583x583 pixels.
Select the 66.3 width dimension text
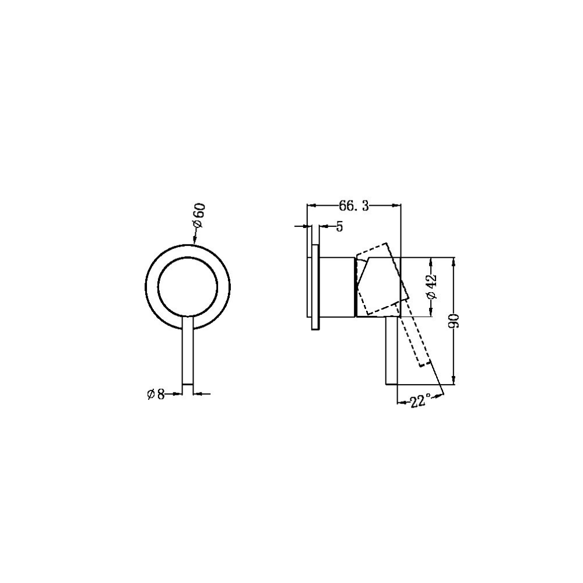pyautogui.click(x=353, y=206)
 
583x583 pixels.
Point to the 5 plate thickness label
pyautogui.click(x=339, y=227)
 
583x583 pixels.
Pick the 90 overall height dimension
pyautogui.click(x=455, y=321)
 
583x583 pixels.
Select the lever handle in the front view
pyautogui.click(x=188, y=350)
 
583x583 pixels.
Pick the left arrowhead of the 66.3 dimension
pyautogui.click(x=311, y=205)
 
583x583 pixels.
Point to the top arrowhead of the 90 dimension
pyautogui.click(x=455, y=261)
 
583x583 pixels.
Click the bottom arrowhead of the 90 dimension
pyautogui.click(x=455, y=381)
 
